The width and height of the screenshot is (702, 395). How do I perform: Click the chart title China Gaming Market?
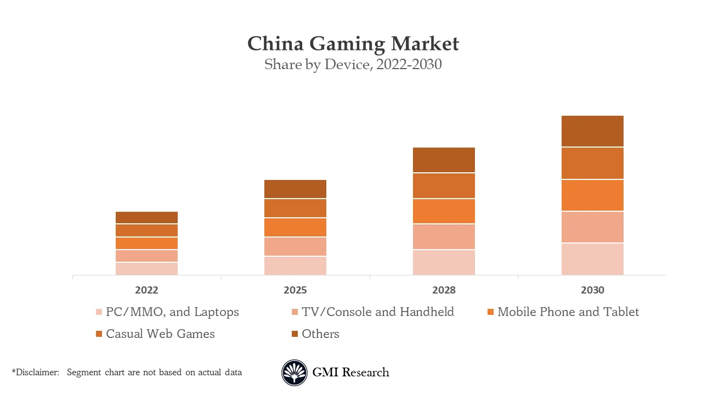click(353, 43)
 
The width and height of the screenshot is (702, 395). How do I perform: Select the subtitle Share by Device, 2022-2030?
click(353, 65)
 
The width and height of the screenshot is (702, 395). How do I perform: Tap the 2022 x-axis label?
click(146, 290)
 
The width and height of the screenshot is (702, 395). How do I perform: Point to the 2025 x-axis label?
click(295, 290)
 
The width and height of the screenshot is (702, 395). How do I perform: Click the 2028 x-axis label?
click(444, 290)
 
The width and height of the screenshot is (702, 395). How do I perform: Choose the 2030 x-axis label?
click(592, 290)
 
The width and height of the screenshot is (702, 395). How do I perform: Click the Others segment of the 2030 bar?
click(592, 131)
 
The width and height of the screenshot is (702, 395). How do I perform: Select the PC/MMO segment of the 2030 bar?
click(592, 259)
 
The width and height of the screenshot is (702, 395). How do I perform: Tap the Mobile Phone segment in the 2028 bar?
click(444, 211)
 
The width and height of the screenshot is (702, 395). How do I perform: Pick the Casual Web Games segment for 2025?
click(295, 208)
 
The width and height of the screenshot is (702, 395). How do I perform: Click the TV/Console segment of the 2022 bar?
click(146, 256)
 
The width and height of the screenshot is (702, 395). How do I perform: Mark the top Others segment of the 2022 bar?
click(146, 218)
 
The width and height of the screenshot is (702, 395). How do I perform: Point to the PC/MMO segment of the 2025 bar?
click(295, 266)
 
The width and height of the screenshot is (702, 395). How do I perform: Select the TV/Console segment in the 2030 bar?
click(592, 227)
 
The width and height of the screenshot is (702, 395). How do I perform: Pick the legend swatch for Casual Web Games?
click(99, 334)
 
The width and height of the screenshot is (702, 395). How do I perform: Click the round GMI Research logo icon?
click(295, 373)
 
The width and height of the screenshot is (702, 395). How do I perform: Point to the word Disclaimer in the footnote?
click(37, 373)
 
